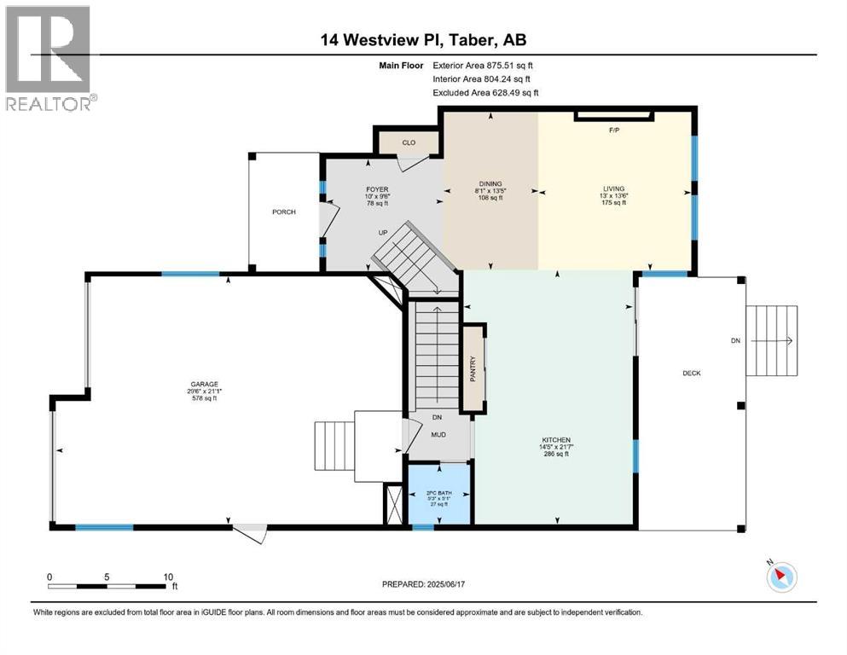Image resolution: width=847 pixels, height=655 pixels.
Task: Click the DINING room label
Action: [490, 183]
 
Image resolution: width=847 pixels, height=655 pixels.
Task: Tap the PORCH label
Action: [284, 212]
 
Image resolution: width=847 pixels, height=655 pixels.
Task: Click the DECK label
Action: [691, 373]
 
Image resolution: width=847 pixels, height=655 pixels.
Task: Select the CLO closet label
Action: [409, 142]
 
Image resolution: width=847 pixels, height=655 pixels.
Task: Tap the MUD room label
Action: [438, 434]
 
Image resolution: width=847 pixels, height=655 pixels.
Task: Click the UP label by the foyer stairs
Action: [385, 231]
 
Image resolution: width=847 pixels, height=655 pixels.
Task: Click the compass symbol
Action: [781, 577]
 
